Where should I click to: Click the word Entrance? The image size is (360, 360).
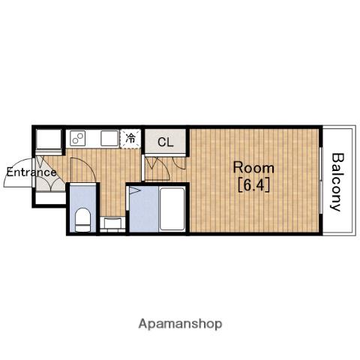coord(31,172)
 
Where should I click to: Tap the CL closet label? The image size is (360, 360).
coord(166,142)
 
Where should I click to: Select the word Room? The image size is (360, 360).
coord(253,168)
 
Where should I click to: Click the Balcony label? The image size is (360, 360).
coord(337,182)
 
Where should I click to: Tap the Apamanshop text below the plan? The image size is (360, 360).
coord(180,324)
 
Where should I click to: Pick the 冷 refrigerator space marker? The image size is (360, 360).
coord(130,138)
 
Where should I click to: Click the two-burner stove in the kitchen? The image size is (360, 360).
coord(78,138)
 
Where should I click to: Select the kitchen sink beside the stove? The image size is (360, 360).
coord(109,138)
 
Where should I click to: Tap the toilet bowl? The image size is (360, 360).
coord(82,220)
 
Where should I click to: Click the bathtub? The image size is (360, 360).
coord(172,209)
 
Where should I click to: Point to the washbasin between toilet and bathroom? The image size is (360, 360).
coord(112,223)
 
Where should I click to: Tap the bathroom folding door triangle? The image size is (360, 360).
coord(134,190)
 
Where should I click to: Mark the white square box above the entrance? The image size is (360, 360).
coord(49,139)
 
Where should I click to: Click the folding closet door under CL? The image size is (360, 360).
coord(157,167)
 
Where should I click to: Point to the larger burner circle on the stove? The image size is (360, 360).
coord(80,136)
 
